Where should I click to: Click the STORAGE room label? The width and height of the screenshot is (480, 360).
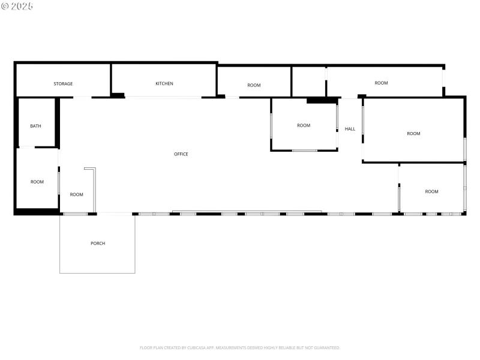[63, 84]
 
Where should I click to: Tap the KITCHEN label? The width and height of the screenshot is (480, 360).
[164, 83]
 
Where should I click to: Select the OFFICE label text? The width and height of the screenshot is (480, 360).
[181, 154]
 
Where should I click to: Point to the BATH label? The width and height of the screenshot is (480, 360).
[36, 126]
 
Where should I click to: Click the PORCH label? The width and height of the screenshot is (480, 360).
[98, 243]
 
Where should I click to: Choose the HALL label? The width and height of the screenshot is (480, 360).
[350, 129]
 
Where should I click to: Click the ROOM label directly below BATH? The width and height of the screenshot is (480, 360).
[37, 182]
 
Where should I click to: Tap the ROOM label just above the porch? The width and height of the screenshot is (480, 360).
[76, 194]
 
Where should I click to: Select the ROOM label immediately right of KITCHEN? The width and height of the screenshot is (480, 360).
[254, 85]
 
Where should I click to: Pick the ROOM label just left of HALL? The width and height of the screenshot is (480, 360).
[304, 125]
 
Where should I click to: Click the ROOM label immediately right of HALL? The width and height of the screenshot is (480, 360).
[413, 134]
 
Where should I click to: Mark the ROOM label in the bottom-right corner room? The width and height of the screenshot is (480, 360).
[431, 191]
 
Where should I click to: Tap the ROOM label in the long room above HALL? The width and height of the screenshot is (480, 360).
[381, 83]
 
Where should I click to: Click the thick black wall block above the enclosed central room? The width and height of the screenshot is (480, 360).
[322, 100]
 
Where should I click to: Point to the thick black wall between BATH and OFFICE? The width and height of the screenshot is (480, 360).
[58, 122]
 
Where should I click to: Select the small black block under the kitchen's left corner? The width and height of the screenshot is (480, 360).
[118, 95]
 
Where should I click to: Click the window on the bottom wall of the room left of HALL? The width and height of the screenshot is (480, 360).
[304, 150]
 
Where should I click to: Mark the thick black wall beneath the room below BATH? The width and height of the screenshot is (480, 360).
[36, 212]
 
